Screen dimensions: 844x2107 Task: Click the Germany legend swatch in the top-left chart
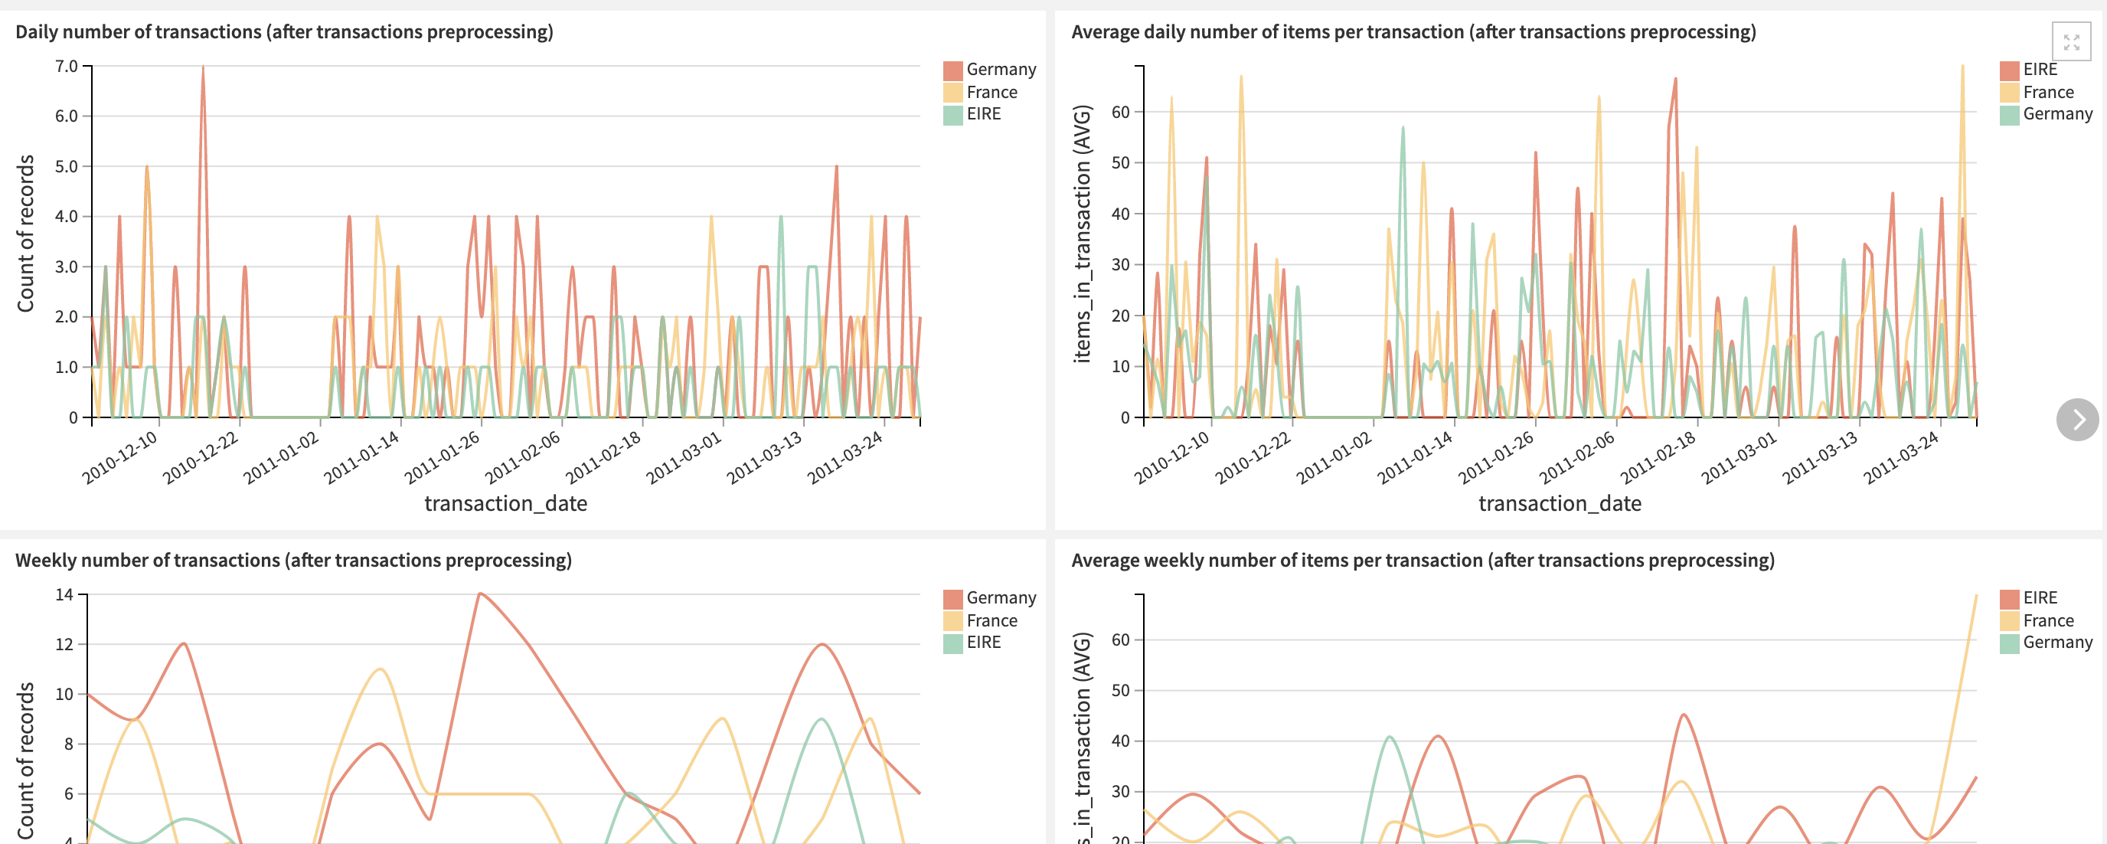(952, 70)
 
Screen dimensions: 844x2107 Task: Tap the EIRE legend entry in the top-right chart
(2039, 70)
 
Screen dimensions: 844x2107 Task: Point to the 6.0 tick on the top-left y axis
(67, 116)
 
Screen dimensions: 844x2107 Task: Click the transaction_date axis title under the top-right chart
(1559, 504)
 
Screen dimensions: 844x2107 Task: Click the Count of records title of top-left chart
(26, 234)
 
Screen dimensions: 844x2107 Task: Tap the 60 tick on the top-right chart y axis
(1120, 112)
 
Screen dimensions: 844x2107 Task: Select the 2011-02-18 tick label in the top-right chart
(1657, 458)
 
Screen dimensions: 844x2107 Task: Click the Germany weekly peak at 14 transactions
(480, 594)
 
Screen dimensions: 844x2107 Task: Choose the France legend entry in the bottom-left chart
(991, 620)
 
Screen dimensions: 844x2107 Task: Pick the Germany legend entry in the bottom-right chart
(2056, 643)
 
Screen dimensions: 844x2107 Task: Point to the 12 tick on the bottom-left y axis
(64, 644)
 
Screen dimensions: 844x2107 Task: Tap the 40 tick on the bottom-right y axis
(1120, 741)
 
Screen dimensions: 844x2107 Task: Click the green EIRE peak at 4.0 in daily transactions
(780, 218)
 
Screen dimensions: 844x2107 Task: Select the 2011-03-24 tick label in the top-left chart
(846, 458)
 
